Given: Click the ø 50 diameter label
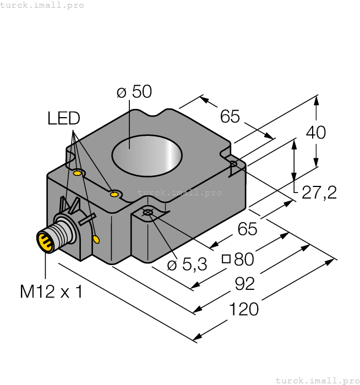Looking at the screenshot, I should [x=134, y=91].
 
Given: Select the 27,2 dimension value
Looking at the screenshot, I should [x=319, y=193].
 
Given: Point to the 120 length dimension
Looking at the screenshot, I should [x=243, y=309].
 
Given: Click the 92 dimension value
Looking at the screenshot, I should [x=245, y=284].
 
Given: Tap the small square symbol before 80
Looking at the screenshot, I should [x=226, y=259].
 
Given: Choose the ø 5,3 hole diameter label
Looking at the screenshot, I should [x=187, y=265].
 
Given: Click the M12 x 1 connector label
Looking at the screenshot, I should [x=51, y=291].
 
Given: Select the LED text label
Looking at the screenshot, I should [x=63, y=118].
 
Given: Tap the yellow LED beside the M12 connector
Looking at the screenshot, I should [x=97, y=239].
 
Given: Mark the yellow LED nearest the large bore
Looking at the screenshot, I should [x=114, y=194].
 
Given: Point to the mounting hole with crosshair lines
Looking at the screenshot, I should [x=148, y=212].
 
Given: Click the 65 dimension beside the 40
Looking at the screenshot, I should [x=230, y=116].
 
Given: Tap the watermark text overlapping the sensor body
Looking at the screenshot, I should [x=179, y=193].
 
